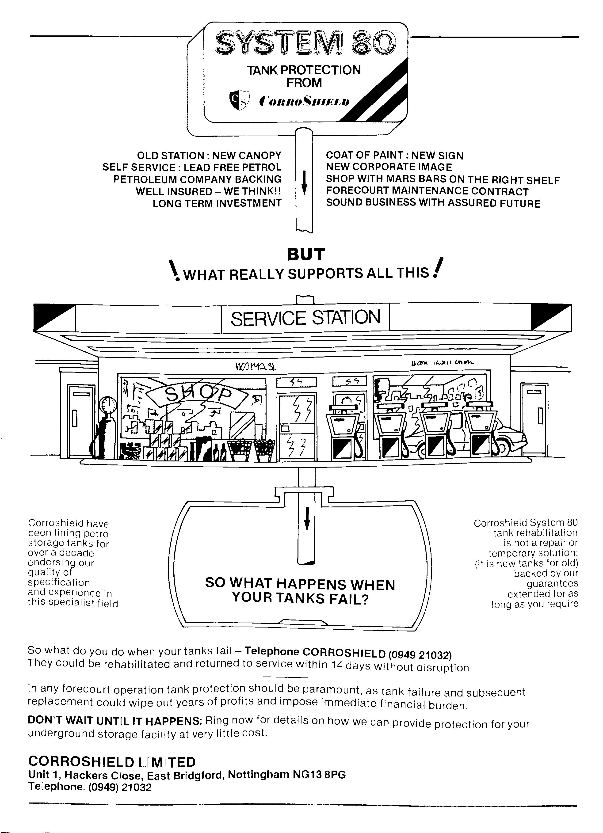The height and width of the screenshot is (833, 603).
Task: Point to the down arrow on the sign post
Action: (x=304, y=183)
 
